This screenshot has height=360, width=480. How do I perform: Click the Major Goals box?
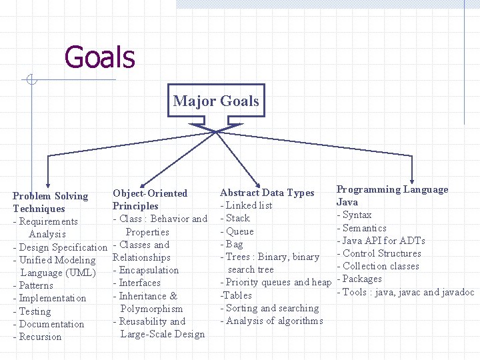[x=215, y=101]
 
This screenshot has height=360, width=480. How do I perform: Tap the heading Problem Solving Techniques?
[x=51, y=202]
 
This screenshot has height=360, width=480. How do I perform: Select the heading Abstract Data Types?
[x=267, y=193]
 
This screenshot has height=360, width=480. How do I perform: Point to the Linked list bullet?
[x=246, y=205]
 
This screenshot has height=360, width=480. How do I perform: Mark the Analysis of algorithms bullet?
[x=271, y=321]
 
